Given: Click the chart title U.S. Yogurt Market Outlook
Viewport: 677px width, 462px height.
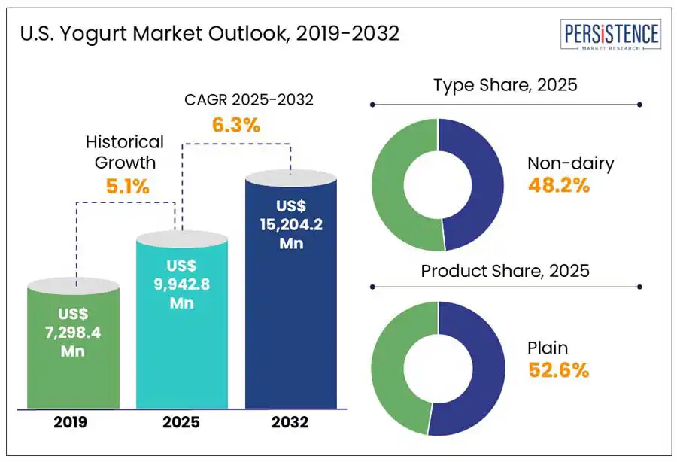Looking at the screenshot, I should [x=209, y=34].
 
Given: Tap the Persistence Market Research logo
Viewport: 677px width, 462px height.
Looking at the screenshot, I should [x=612, y=36].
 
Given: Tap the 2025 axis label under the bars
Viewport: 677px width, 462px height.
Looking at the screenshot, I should [x=181, y=422].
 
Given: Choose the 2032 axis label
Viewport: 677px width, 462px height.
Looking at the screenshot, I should [x=291, y=422].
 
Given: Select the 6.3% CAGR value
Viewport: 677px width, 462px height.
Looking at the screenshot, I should [x=236, y=125].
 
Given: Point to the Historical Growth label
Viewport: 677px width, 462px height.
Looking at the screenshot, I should [x=124, y=151].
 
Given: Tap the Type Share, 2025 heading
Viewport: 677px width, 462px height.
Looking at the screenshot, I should [x=505, y=84].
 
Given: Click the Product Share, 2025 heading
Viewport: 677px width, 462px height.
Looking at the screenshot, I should [x=505, y=270].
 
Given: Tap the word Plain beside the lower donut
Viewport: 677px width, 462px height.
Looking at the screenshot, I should [x=548, y=348].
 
